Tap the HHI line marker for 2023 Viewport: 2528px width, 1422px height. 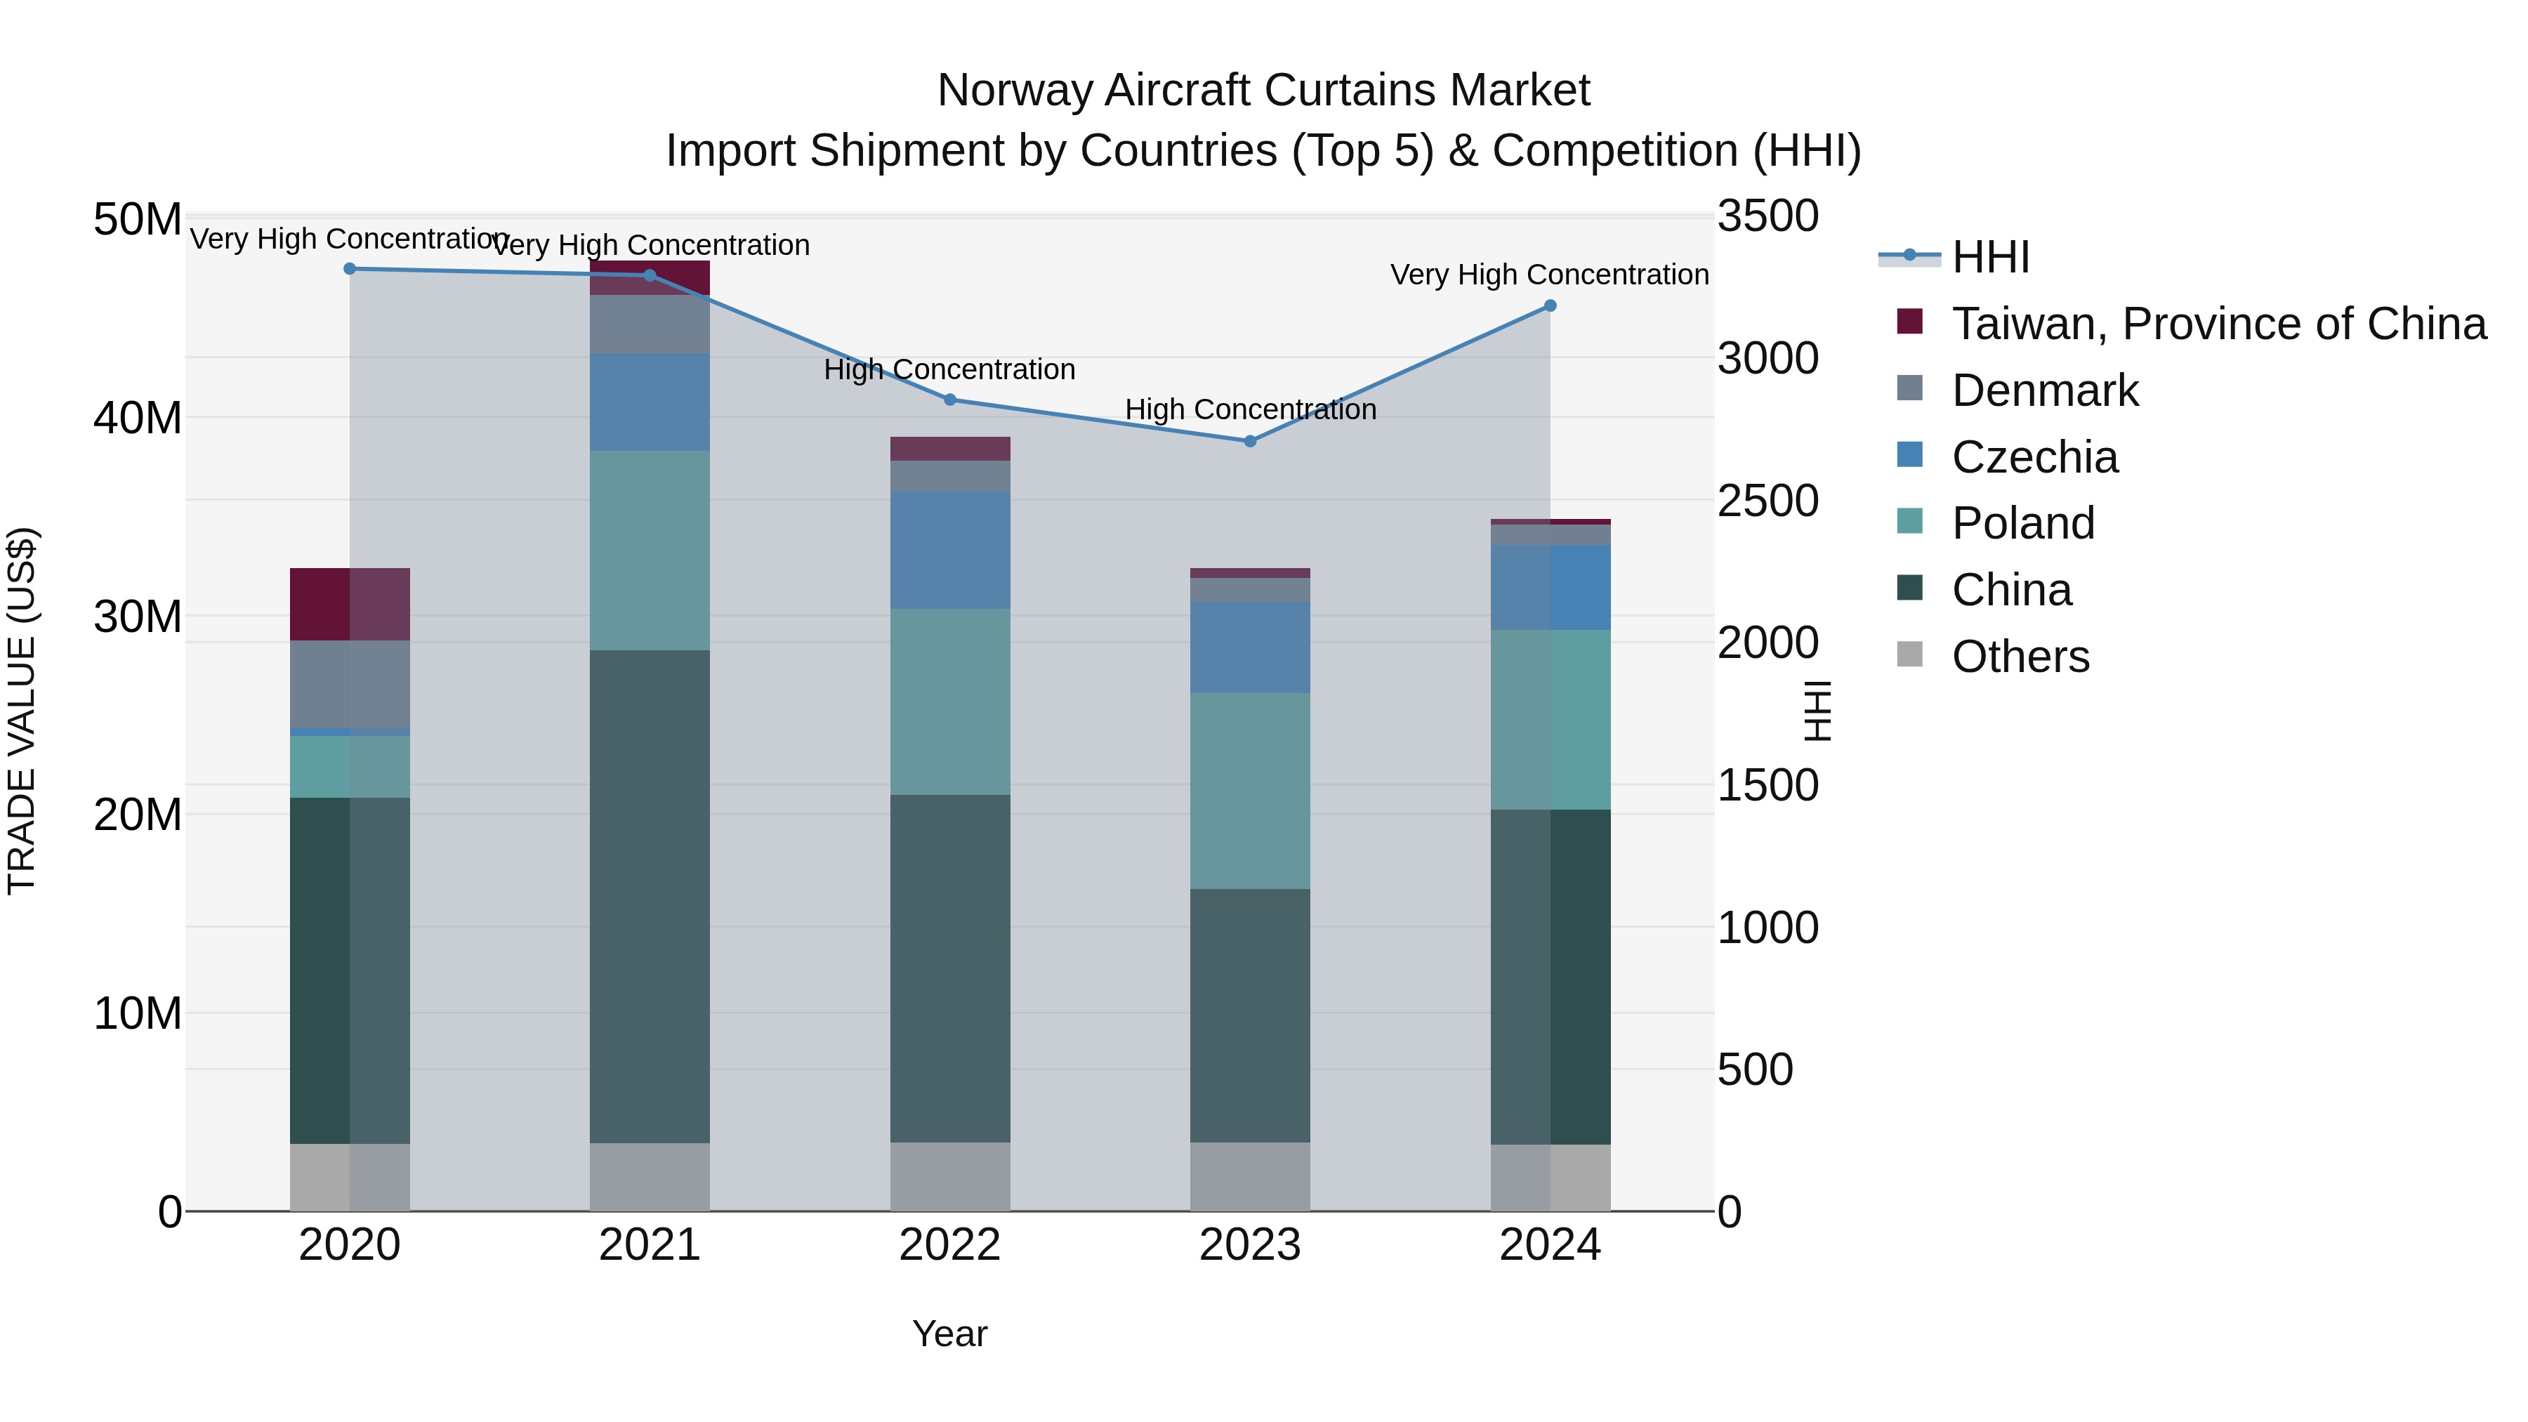coord(1249,440)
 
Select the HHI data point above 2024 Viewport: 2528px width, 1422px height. coord(1550,305)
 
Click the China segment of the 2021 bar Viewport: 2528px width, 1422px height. coord(649,895)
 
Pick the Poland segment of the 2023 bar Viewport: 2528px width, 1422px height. coord(1249,790)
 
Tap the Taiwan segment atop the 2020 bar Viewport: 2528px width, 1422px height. coord(350,603)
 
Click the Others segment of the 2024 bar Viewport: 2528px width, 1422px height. coord(1550,1177)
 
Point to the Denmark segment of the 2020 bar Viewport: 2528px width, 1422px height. coord(350,684)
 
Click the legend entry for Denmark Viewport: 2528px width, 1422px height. coord(2044,390)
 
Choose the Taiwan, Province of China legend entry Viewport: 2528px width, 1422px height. coord(2218,324)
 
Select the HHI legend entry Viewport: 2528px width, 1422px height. coord(1989,257)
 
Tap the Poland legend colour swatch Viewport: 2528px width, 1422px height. coord(1910,521)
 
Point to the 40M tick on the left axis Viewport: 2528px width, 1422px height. coord(138,418)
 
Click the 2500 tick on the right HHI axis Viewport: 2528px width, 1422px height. coord(1767,501)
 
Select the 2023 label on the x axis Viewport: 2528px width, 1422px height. coord(1249,1245)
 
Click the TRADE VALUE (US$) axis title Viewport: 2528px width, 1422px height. coord(22,711)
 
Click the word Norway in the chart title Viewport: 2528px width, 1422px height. coord(1015,91)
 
